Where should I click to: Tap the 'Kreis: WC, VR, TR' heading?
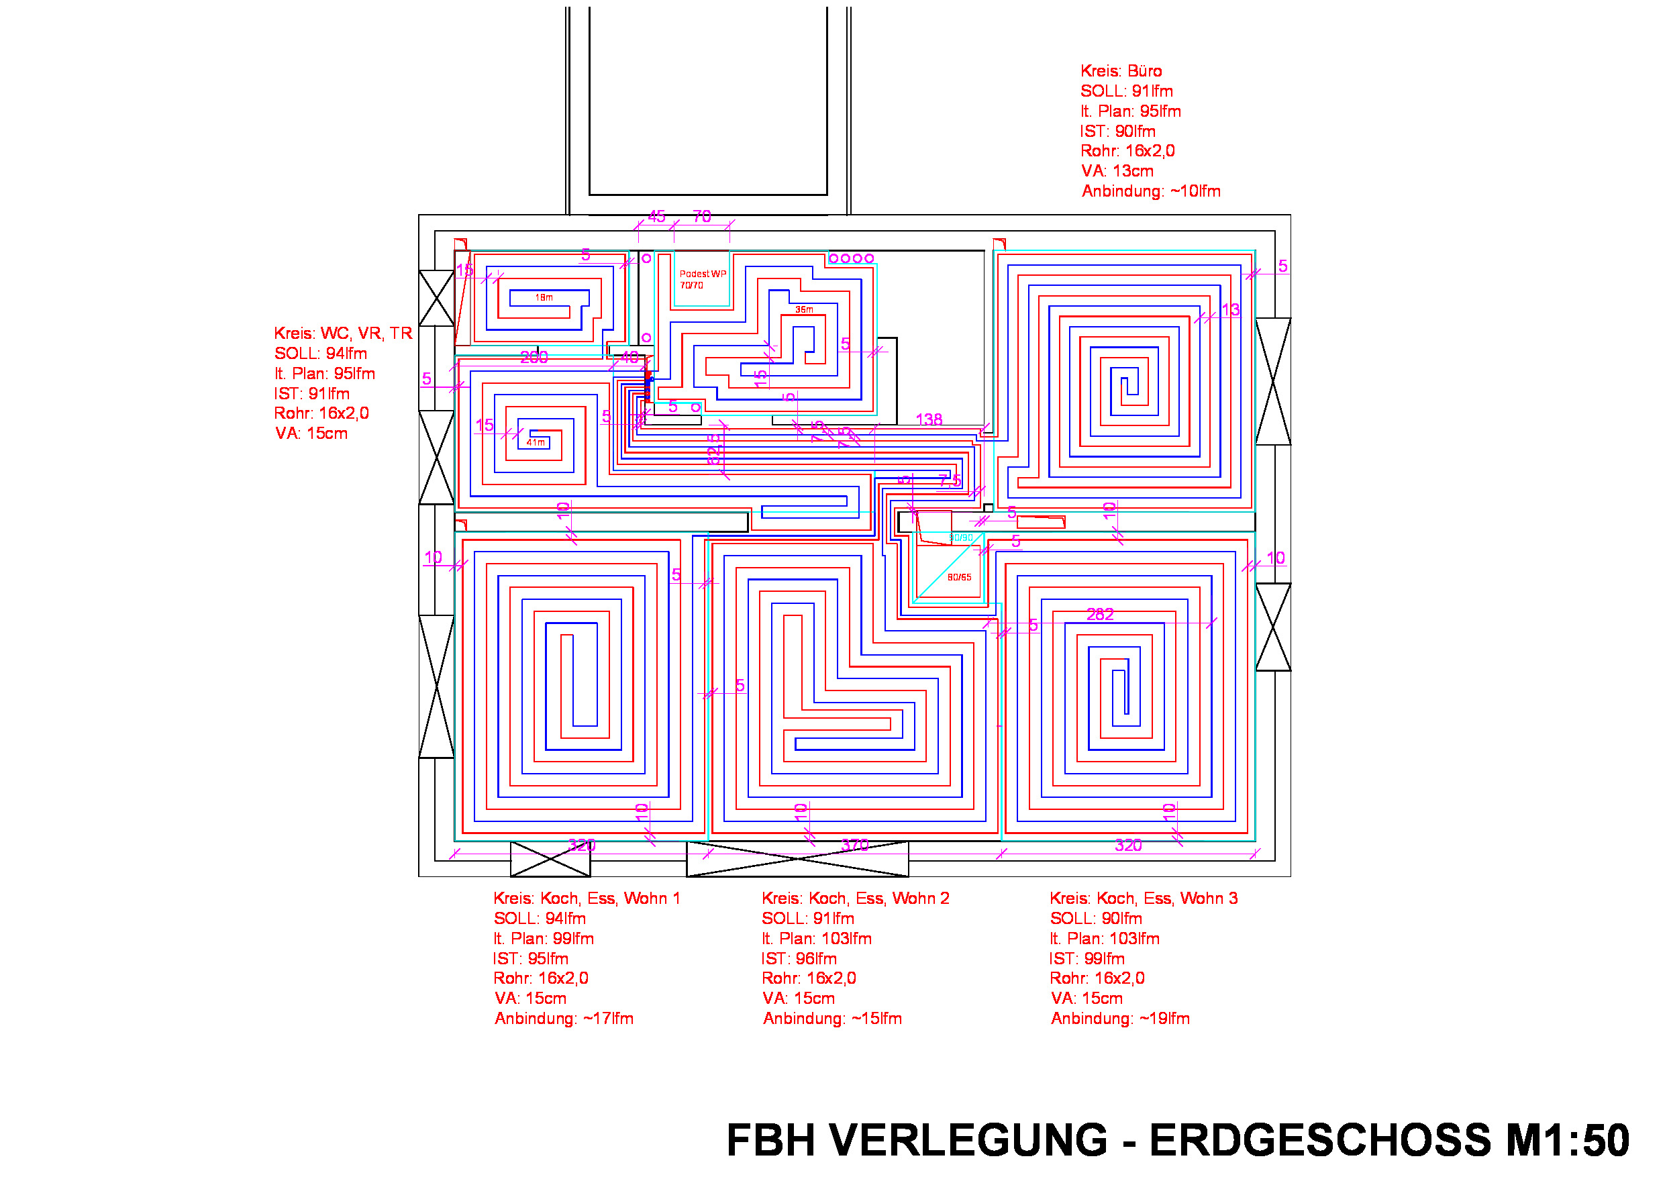pos(343,334)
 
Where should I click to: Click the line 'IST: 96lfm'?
pos(799,959)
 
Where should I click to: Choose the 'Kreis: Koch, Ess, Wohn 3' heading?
pos(1143,899)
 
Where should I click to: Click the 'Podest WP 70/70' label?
pos(701,279)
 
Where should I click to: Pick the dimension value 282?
pos(1099,615)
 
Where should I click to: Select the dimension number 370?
pos(854,845)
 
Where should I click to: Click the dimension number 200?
pos(534,358)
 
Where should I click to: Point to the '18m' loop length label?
pos(544,297)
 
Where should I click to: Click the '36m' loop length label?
pos(804,309)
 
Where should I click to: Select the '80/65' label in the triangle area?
pos(959,577)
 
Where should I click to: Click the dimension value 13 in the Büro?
pos(1231,311)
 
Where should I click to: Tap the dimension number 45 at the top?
pos(656,216)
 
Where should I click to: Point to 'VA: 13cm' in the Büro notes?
pos(1117,171)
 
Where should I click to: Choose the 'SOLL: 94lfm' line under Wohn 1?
pos(540,919)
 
